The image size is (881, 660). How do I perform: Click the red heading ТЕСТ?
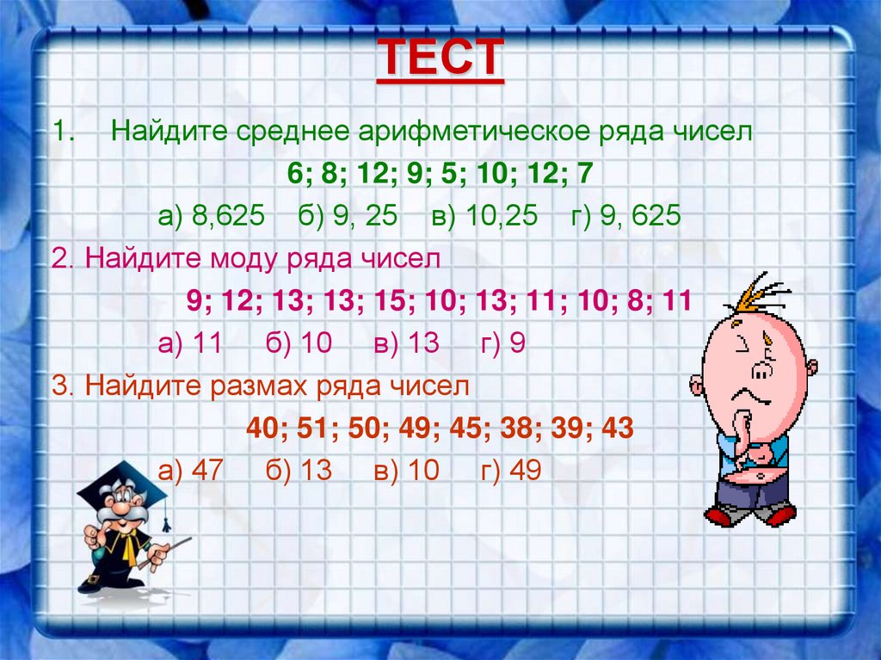[440, 59]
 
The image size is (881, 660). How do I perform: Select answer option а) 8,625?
[210, 215]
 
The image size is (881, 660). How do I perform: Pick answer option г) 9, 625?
[625, 215]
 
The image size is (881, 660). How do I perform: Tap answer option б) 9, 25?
[348, 215]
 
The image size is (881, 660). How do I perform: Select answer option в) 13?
[406, 343]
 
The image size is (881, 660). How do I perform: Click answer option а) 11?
[190, 343]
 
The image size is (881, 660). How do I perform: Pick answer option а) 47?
[191, 470]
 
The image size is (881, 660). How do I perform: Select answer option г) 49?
[511, 470]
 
